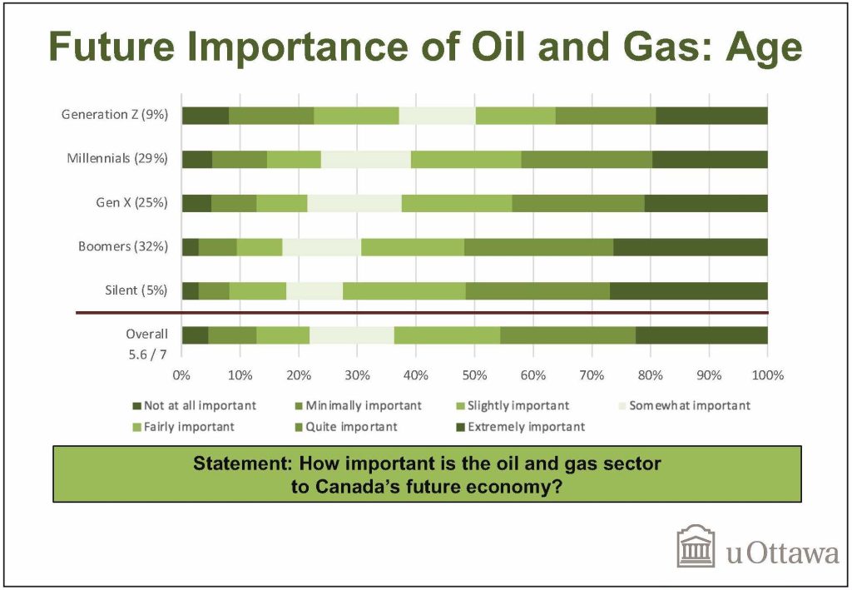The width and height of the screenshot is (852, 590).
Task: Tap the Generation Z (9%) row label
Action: [115, 115]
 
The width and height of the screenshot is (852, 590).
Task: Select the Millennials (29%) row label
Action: [117, 159]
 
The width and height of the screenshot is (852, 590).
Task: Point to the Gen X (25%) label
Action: [132, 203]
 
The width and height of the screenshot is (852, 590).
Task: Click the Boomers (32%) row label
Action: [123, 246]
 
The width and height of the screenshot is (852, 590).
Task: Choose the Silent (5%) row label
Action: [136, 290]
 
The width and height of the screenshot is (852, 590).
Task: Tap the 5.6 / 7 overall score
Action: [148, 354]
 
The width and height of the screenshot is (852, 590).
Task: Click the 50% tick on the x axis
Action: [474, 374]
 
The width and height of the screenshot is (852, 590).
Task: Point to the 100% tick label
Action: [767, 374]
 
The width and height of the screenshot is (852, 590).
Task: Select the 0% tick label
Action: [181, 374]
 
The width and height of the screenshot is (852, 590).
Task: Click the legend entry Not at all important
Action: [195, 406]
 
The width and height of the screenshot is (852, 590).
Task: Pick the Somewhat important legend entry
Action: [685, 406]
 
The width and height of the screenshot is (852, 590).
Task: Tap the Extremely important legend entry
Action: [521, 427]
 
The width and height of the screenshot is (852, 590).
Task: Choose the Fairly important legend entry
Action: [184, 427]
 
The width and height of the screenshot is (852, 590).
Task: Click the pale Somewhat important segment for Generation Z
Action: [438, 117]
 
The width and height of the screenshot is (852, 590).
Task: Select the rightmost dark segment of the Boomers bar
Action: [691, 247]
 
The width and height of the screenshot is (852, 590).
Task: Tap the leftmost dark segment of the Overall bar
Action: [195, 335]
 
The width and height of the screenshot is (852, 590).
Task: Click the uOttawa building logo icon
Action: [696, 547]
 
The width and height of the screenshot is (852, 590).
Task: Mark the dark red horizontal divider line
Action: [422, 313]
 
